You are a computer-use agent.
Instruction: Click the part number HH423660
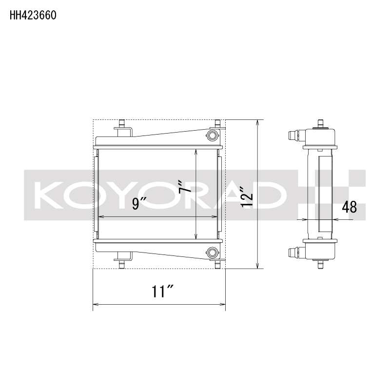coord(33,15)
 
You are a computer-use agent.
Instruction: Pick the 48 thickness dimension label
coord(349,207)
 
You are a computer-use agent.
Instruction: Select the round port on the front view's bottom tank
coord(213,252)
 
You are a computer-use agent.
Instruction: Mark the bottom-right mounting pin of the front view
coord(218,264)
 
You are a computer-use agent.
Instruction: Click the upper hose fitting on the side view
coord(294,135)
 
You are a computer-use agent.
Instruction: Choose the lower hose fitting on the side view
coord(294,253)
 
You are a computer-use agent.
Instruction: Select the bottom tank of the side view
coord(320,250)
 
